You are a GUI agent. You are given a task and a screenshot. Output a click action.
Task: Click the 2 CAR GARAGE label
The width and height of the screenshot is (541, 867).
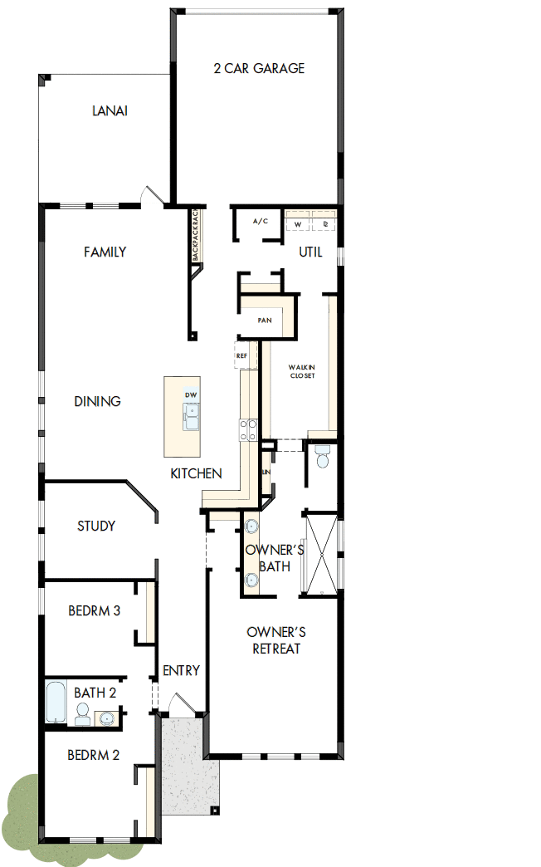[259, 68]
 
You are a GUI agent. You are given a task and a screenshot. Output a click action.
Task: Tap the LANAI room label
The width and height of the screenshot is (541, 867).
[110, 111]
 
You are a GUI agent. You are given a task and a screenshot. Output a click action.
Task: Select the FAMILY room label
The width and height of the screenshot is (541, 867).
[105, 252]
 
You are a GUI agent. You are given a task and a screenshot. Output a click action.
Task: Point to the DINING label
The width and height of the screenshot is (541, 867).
[98, 401]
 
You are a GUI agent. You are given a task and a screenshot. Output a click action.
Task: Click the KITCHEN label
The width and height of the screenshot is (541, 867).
[196, 473]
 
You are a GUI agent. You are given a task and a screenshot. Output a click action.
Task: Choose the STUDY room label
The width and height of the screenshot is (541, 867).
[96, 526]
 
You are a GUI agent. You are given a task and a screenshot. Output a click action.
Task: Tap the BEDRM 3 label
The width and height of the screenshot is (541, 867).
[95, 611]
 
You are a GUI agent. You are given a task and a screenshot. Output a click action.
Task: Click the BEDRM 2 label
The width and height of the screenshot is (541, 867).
[94, 755]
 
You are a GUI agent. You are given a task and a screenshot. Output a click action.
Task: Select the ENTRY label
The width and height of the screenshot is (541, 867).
[182, 670]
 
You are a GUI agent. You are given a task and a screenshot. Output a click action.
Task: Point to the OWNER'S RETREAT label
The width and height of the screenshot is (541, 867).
[276, 639]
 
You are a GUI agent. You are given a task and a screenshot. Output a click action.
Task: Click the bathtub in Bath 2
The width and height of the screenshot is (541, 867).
[56, 703]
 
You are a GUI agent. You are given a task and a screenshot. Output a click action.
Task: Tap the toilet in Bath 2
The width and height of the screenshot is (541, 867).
[82, 713]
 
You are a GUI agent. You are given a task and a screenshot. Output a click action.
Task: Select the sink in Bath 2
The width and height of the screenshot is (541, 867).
[107, 716]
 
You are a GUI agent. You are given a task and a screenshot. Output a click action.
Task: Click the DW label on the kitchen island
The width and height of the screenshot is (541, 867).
[191, 394]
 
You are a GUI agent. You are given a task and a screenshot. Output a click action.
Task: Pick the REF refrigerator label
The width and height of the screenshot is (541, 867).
[241, 355]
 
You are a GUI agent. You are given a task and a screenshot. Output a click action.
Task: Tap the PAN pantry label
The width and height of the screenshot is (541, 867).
[266, 320]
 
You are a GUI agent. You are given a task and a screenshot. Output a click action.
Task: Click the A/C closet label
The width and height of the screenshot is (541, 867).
[261, 222]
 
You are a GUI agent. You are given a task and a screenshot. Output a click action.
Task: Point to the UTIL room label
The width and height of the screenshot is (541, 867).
[310, 252]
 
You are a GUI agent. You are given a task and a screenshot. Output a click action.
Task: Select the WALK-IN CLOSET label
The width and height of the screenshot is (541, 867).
[302, 370]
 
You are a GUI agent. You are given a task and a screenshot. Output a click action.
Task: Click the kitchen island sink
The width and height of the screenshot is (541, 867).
[192, 416]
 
